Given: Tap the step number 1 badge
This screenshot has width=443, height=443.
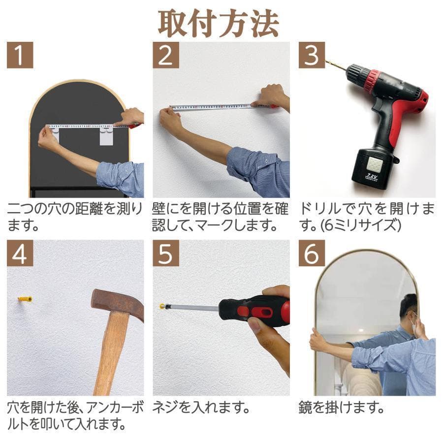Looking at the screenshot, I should point(20,56).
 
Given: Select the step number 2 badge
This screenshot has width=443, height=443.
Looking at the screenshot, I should point(165,56).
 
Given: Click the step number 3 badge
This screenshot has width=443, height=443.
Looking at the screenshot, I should point(311,56).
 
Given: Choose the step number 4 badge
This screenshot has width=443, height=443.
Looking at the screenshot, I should point(20,253).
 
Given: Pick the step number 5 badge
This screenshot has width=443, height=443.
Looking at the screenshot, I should point(165,253).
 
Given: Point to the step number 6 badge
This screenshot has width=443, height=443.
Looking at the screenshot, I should point(311,253).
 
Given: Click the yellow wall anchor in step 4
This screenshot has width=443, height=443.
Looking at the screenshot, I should point(25,299).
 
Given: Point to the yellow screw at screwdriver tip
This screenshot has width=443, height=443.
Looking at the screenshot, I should point(162,306).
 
